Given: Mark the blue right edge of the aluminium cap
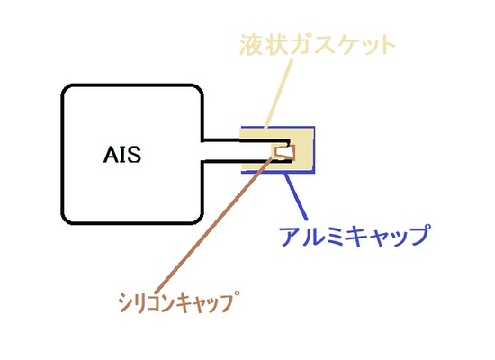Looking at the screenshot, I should tap(312, 148).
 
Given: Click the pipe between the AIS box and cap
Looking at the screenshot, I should tap(220, 148).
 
